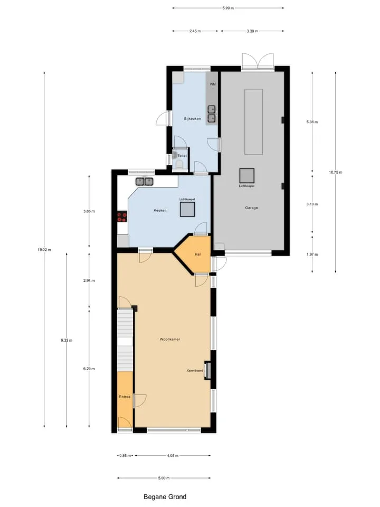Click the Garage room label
pyautogui.click(x=251, y=208)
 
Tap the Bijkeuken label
pyautogui.click(x=192, y=119)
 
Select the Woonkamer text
pyautogui.click(x=170, y=339)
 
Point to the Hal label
pyautogui.click(x=198, y=255)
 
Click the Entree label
pyautogui.click(x=125, y=397)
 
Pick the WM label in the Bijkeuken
pyautogui.click(x=213, y=84)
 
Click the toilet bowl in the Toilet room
pyautogui.click(x=179, y=164)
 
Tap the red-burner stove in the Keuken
pyautogui.click(x=122, y=217)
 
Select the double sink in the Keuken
pyautogui.click(x=144, y=182)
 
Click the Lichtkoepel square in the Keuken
pyautogui.click(x=187, y=209)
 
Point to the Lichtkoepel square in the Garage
pyautogui.click(x=247, y=175)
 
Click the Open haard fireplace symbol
pyautogui.click(x=208, y=370)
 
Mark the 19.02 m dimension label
pyautogui.click(x=44, y=250)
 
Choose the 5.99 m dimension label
pyautogui.click(x=228, y=8)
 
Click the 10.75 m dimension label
pyautogui.click(x=336, y=172)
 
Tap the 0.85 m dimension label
pyautogui.click(x=126, y=456)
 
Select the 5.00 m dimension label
pyautogui.click(x=164, y=478)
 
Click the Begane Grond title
pyautogui.click(x=165, y=497)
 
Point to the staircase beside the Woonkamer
pyautogui.click(x=125, y=341)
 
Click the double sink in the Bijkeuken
pyautogui.click(x=212, y=114)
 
